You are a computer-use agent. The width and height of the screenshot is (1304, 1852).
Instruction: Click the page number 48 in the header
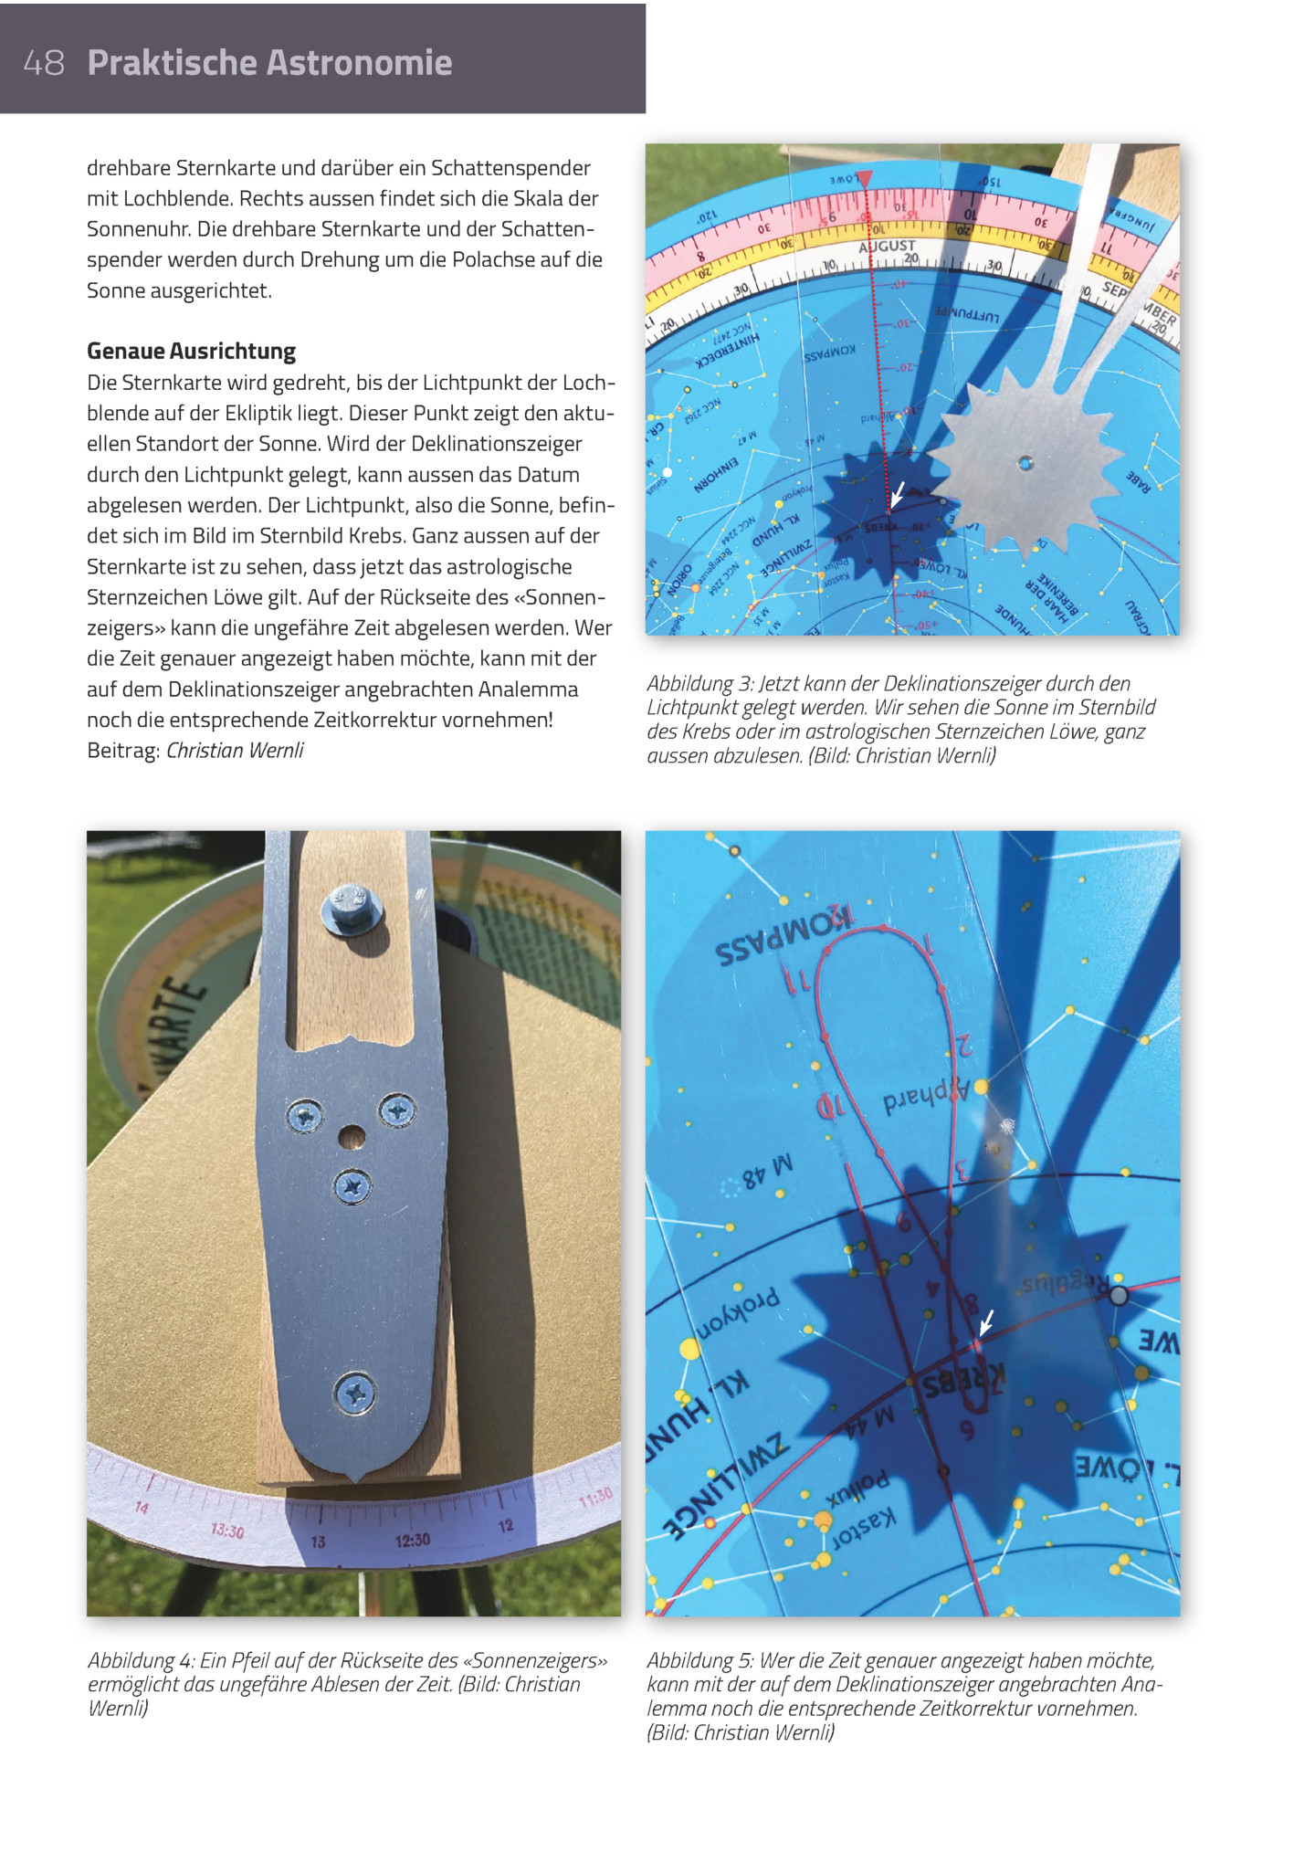44,63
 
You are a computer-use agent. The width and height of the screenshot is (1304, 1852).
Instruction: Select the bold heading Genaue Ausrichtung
191,352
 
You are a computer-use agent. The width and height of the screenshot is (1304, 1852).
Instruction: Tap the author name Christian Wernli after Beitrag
235,751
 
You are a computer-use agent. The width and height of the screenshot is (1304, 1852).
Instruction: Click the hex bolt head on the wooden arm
349,908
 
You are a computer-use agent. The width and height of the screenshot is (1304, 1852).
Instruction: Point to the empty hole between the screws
352,1137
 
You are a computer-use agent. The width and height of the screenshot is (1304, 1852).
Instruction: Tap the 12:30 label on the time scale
412,1541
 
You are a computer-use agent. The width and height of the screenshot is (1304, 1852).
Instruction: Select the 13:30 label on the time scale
227,1531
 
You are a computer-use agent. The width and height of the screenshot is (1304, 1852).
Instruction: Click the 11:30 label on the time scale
594,1499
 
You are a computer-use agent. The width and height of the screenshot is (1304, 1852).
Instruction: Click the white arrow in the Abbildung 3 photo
899,494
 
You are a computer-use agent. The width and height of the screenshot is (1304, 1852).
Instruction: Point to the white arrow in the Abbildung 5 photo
986,1322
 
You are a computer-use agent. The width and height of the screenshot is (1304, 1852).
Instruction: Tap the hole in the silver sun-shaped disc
1025,463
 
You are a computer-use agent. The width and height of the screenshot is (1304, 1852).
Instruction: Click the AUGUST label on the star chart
887,247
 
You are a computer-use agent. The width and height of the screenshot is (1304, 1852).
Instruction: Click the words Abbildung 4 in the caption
138,1661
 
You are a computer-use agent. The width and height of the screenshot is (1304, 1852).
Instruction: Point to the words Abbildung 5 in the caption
698,1661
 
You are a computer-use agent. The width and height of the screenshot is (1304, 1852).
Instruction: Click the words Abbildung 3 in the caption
698,684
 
